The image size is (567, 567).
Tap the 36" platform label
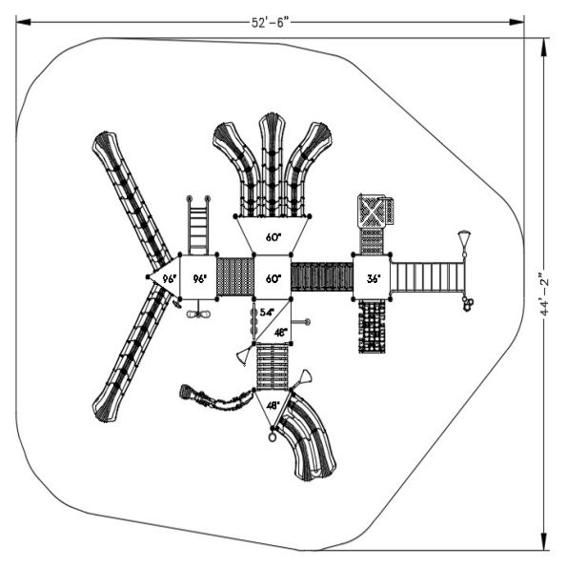click(373, 279)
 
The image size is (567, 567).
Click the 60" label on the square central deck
click(273, 279)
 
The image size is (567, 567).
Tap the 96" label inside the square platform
click(199, 279)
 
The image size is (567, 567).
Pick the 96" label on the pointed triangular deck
click(168, 279)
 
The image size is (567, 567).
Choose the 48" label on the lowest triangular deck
click(273, 406)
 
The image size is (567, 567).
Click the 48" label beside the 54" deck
click(280, 333)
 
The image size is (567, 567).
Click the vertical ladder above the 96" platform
click(199, 225)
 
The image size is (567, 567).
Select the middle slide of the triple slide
click(273, 167)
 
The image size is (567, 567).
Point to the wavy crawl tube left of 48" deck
click(214, 399)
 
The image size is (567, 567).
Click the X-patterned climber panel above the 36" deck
click(374, 211)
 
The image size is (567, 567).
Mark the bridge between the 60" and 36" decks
click(321, 277)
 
